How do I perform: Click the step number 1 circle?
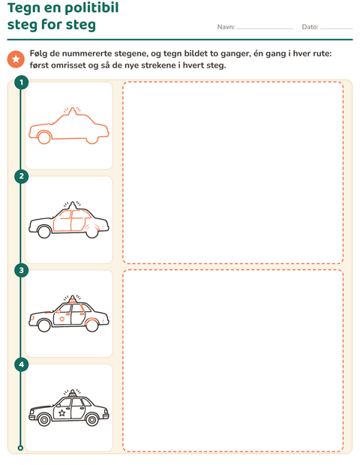pos(21,82)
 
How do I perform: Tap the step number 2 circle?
pos(21,176)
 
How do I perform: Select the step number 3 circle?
pos(21,271)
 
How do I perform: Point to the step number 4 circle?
pos(21,364)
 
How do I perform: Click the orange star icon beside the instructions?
pos(16,59)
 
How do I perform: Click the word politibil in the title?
pos(90,7)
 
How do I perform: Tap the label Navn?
pos(226,27)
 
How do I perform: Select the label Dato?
pos(310,27)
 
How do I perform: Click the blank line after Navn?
pos(265,29)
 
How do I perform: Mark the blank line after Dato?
pos(336,29)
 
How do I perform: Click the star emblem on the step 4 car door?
pos(62,412)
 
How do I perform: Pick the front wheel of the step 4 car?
pos(44,420)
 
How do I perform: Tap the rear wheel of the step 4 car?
pos(92,420)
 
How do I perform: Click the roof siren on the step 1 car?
pos(72,110)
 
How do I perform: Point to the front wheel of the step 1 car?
pos(44,138)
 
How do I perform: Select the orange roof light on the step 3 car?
pos(72,300)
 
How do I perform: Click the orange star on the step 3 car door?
pos(62,319)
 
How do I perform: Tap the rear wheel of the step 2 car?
pos(92,232)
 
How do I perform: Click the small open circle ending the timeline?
pos(20,448)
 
